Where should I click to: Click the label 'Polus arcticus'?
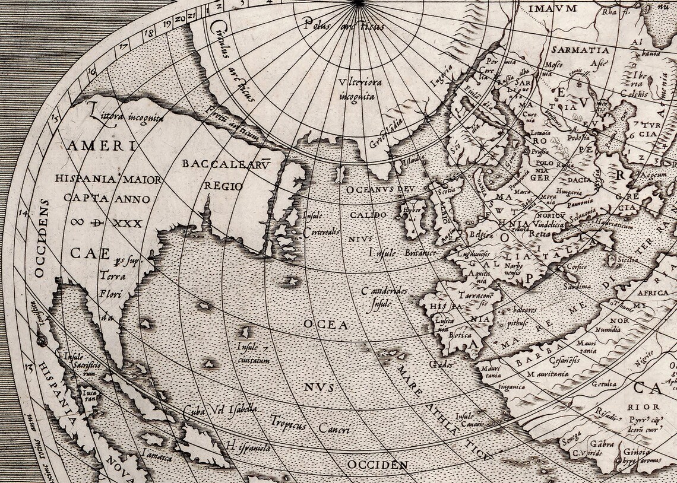pyautogui.click(x=343, y=26)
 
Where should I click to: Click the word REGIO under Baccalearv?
pyautogui.click(x=223, y=186)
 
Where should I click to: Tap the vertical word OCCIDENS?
pyautogui.click(x=40, y=237)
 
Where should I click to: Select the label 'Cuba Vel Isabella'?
pyautogui.click(x=220, y=411)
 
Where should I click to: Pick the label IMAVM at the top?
pyautogui.click(x=552, y=8)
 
